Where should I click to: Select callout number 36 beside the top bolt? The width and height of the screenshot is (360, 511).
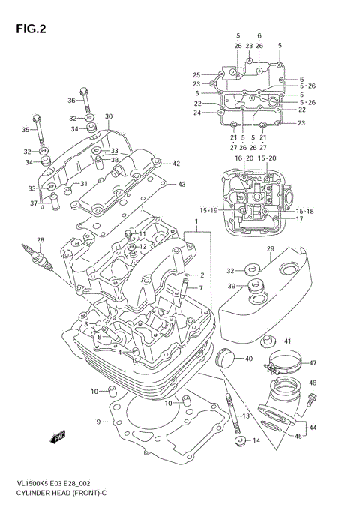[71, 100]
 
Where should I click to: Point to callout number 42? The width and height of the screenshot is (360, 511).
[175, 164]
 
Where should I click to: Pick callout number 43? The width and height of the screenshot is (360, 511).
[182, 184]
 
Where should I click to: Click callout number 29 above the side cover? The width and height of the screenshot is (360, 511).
[270, 248]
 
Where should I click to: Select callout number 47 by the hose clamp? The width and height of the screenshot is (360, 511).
[313, 362]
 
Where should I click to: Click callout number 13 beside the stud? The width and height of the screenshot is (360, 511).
[245, 416]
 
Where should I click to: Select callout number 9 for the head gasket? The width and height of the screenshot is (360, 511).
[98, 422]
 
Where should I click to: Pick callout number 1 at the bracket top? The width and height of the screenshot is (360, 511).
[196, 223]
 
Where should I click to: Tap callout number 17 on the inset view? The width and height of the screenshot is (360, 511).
[298, 219]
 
